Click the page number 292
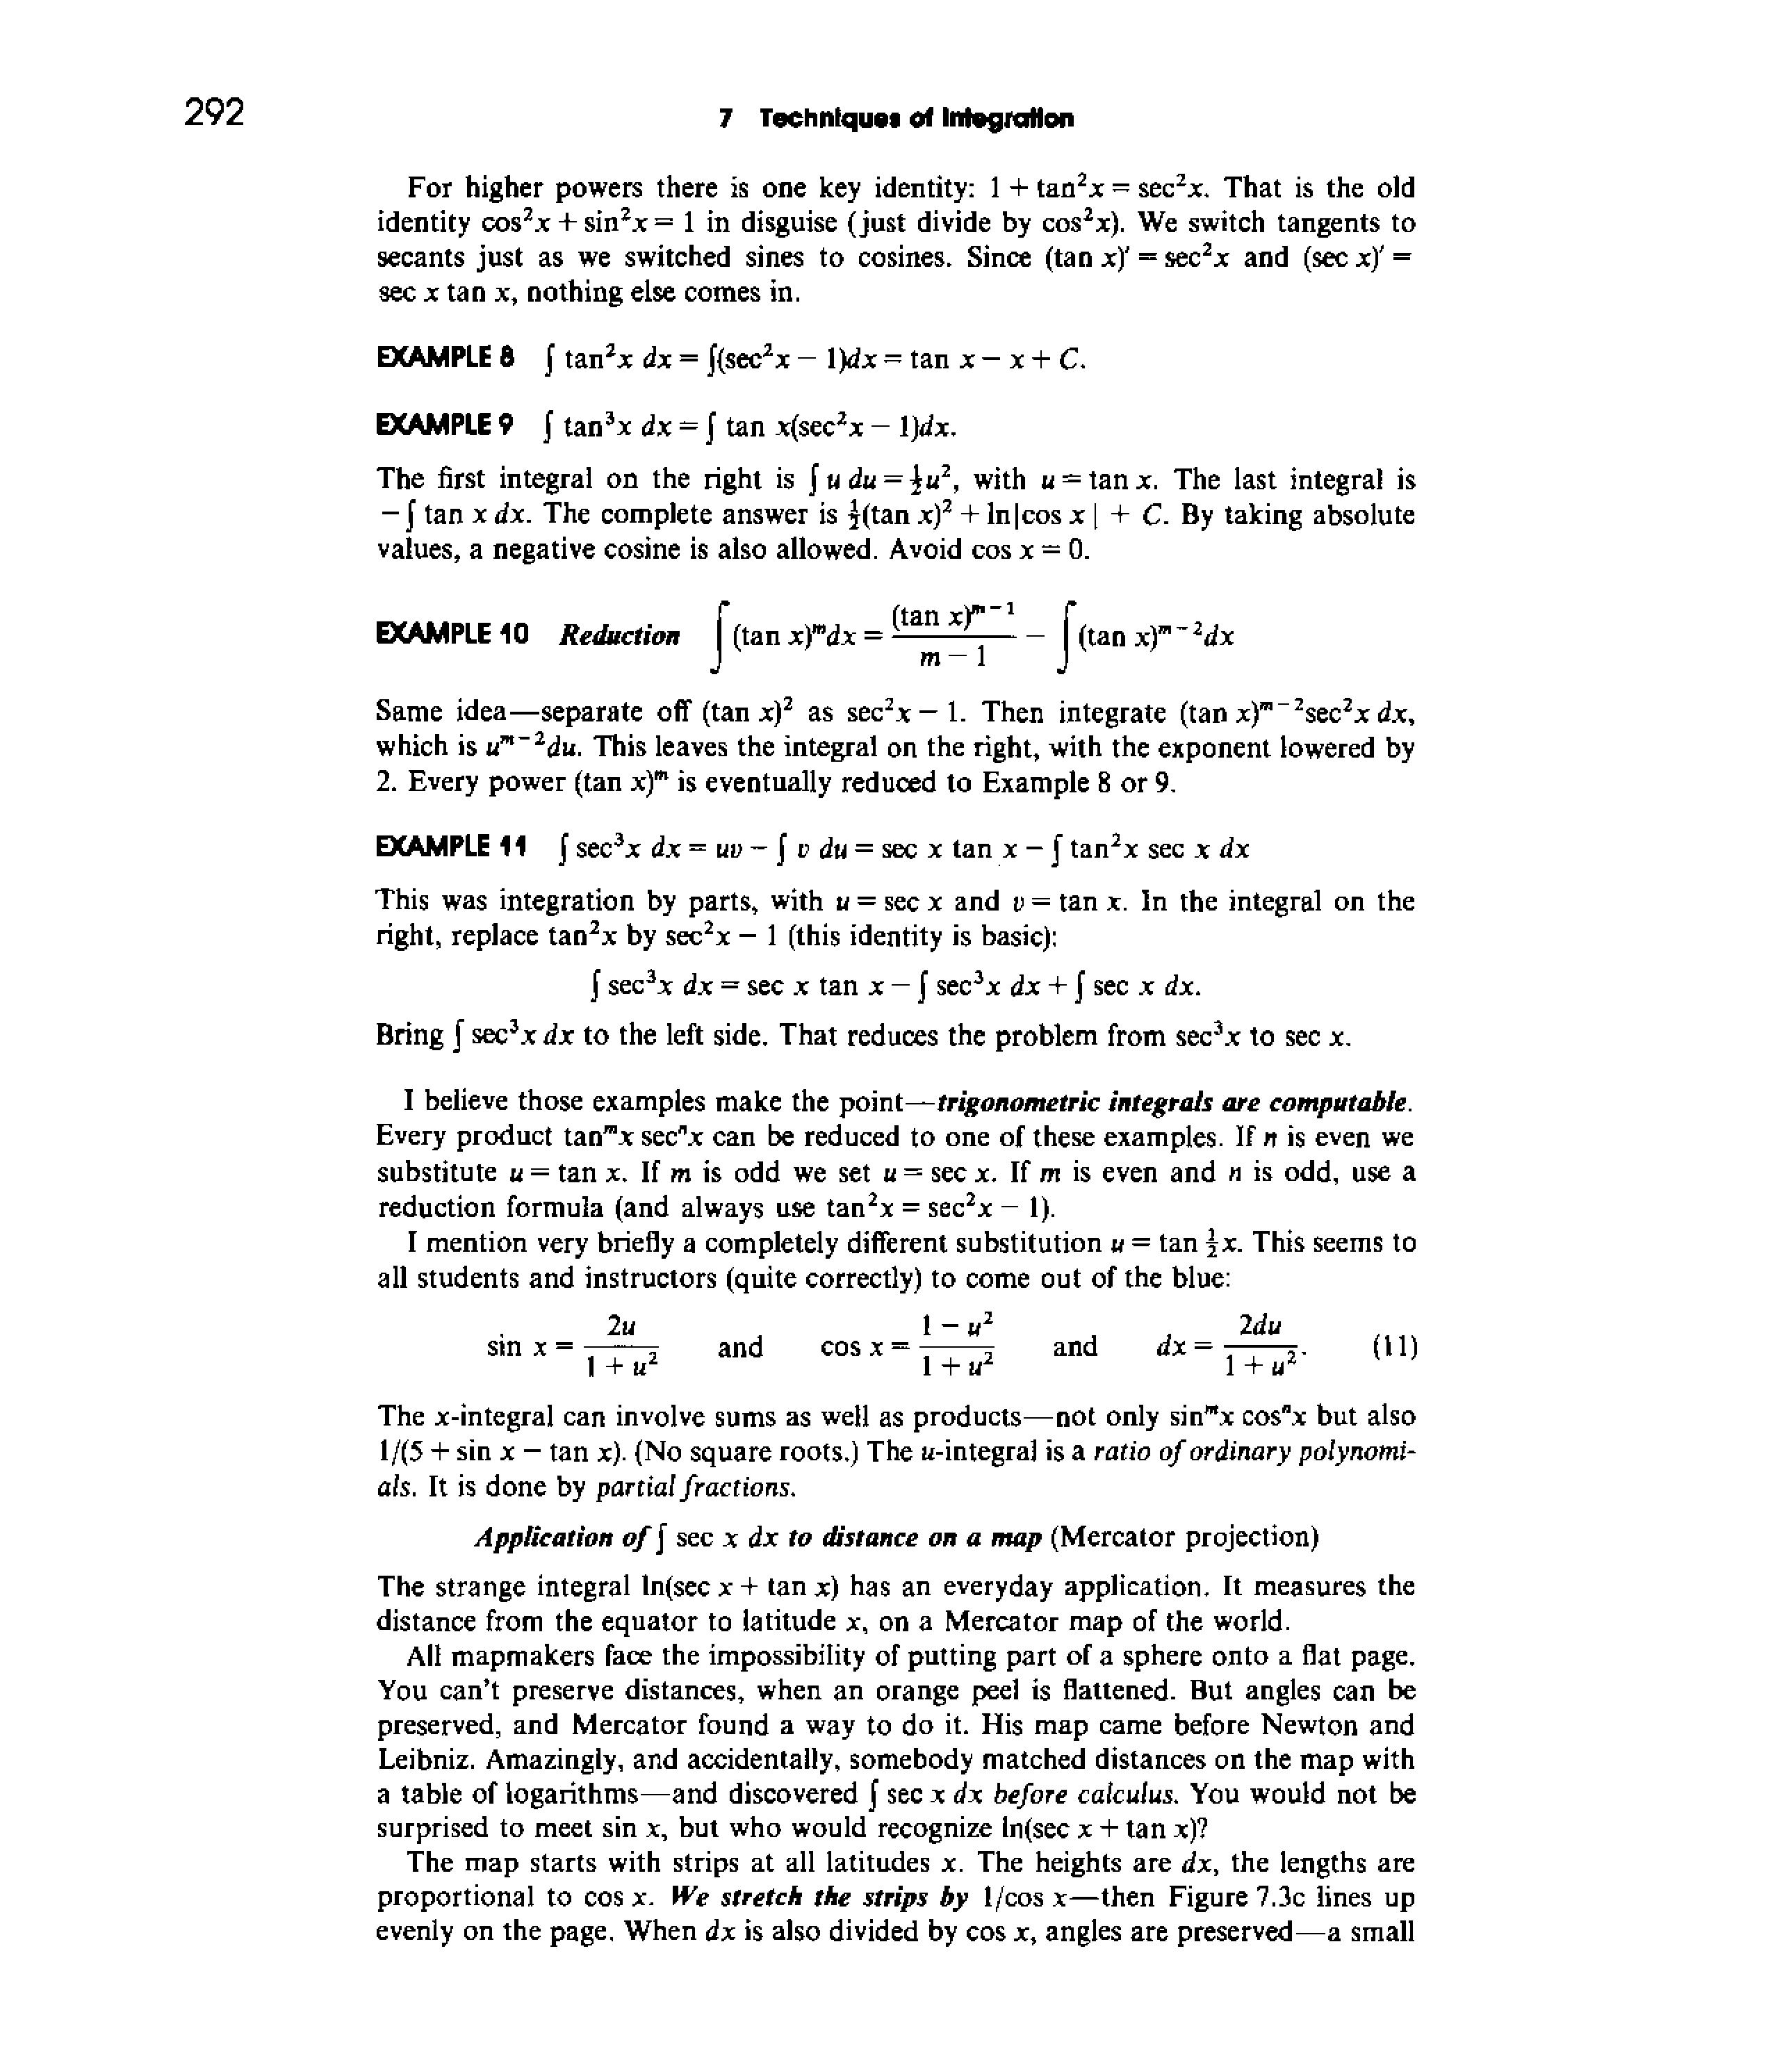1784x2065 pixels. pyautogui.click(x=213, y=113)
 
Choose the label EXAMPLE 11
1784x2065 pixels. pyautogui.click(x=450, y=848)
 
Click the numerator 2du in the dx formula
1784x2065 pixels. pyautogui.click(x=1260, y=1325)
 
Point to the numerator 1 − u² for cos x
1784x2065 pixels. pyautogui.click(x=957, y=1325)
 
